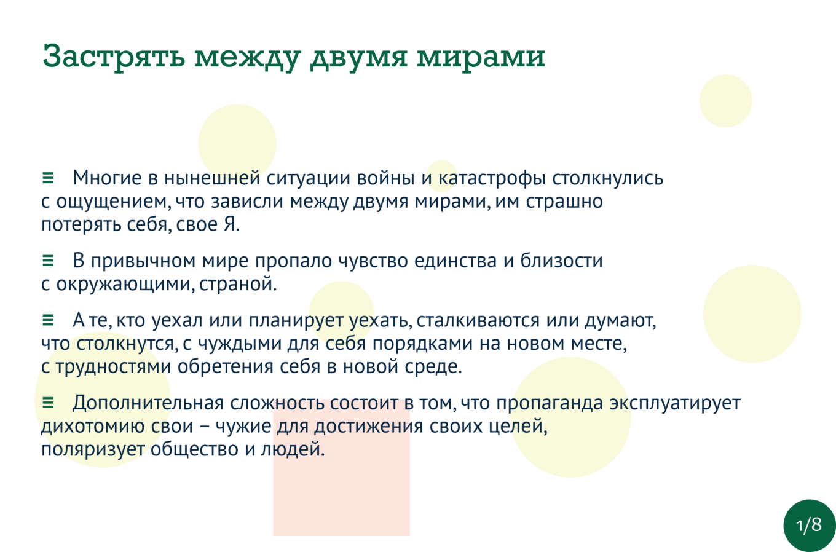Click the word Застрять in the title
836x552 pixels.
click(x=114, y=57)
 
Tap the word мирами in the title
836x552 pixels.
click(x=481, y=57)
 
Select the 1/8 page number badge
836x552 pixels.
click(x=810, y=525)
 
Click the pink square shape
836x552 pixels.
click(x=341, y=468)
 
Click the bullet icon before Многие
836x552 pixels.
click(x=48, y=178)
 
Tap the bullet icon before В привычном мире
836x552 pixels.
click(x=48, y=261)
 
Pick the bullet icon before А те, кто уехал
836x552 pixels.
click(x=48, y=320)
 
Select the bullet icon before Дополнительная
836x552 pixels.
click(x=48, y=403)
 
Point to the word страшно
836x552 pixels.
click(x=564, y=202)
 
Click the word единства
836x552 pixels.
click(x=455, y=261)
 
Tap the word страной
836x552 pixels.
click(x=238, y=285)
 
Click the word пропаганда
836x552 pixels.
click(x=550, y=403)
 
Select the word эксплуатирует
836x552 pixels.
click(x=675, y=403)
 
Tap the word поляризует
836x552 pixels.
click(x=93, y=449)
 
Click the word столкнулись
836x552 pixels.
click(x=607, y=178)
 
